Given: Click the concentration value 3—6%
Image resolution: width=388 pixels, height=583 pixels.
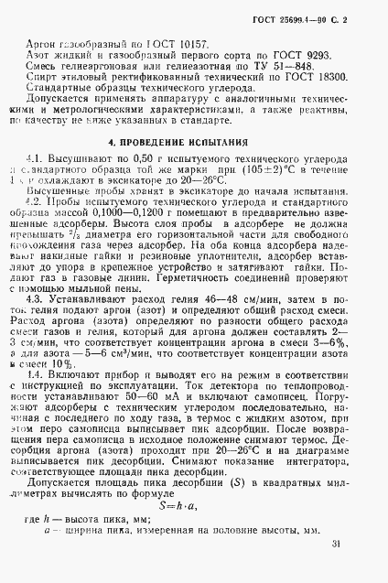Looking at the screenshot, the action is [x=341, y=362].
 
